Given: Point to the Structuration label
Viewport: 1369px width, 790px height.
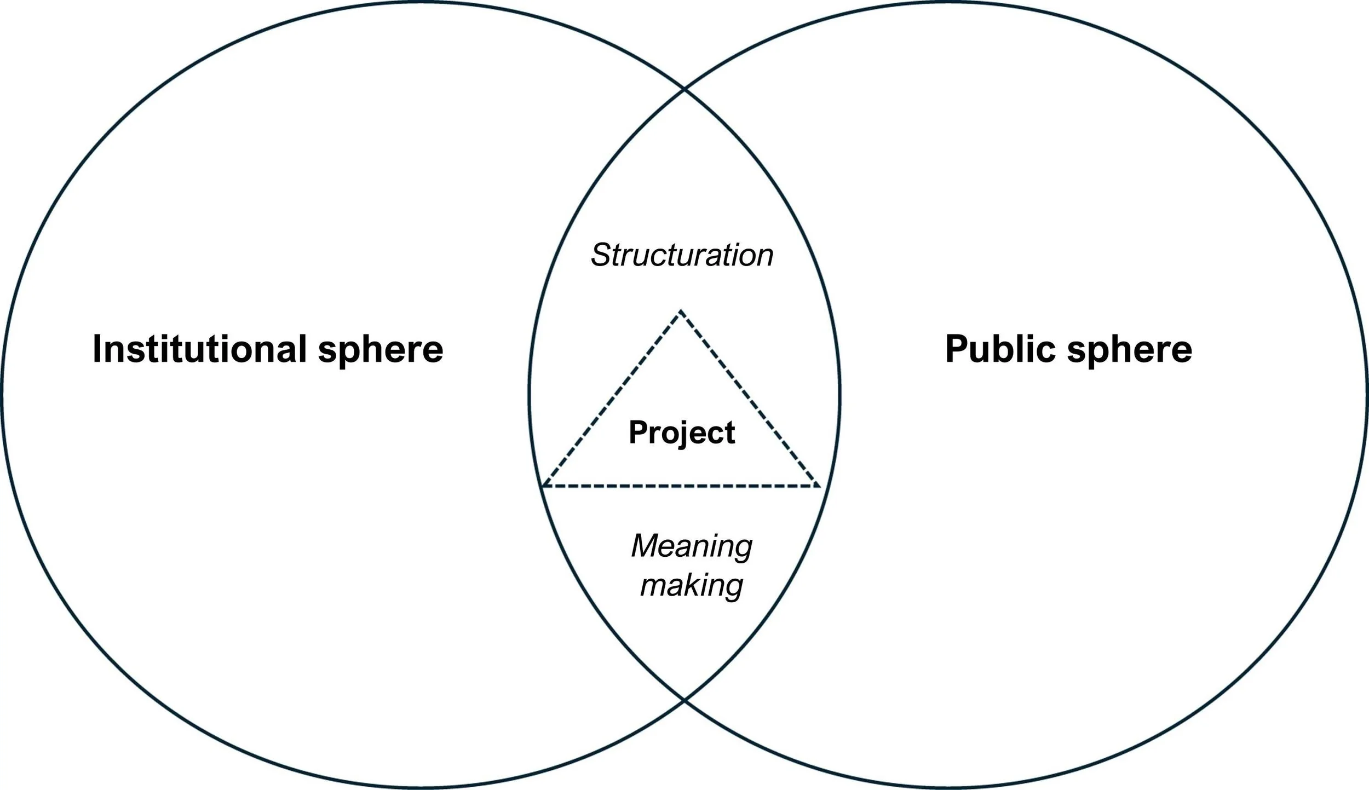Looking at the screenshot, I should [682, 255].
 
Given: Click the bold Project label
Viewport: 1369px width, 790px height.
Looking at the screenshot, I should [682, 433].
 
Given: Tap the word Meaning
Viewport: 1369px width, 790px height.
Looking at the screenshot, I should [692, 546].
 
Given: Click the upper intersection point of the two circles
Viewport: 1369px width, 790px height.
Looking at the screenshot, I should [684, 88].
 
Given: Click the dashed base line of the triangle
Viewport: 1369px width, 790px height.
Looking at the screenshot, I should [682, 486].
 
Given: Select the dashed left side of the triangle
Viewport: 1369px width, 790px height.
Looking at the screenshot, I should [612, 399].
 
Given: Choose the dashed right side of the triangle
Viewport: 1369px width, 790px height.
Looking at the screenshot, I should [750, 399].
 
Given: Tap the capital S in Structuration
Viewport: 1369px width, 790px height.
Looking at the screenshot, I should [601, 255].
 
